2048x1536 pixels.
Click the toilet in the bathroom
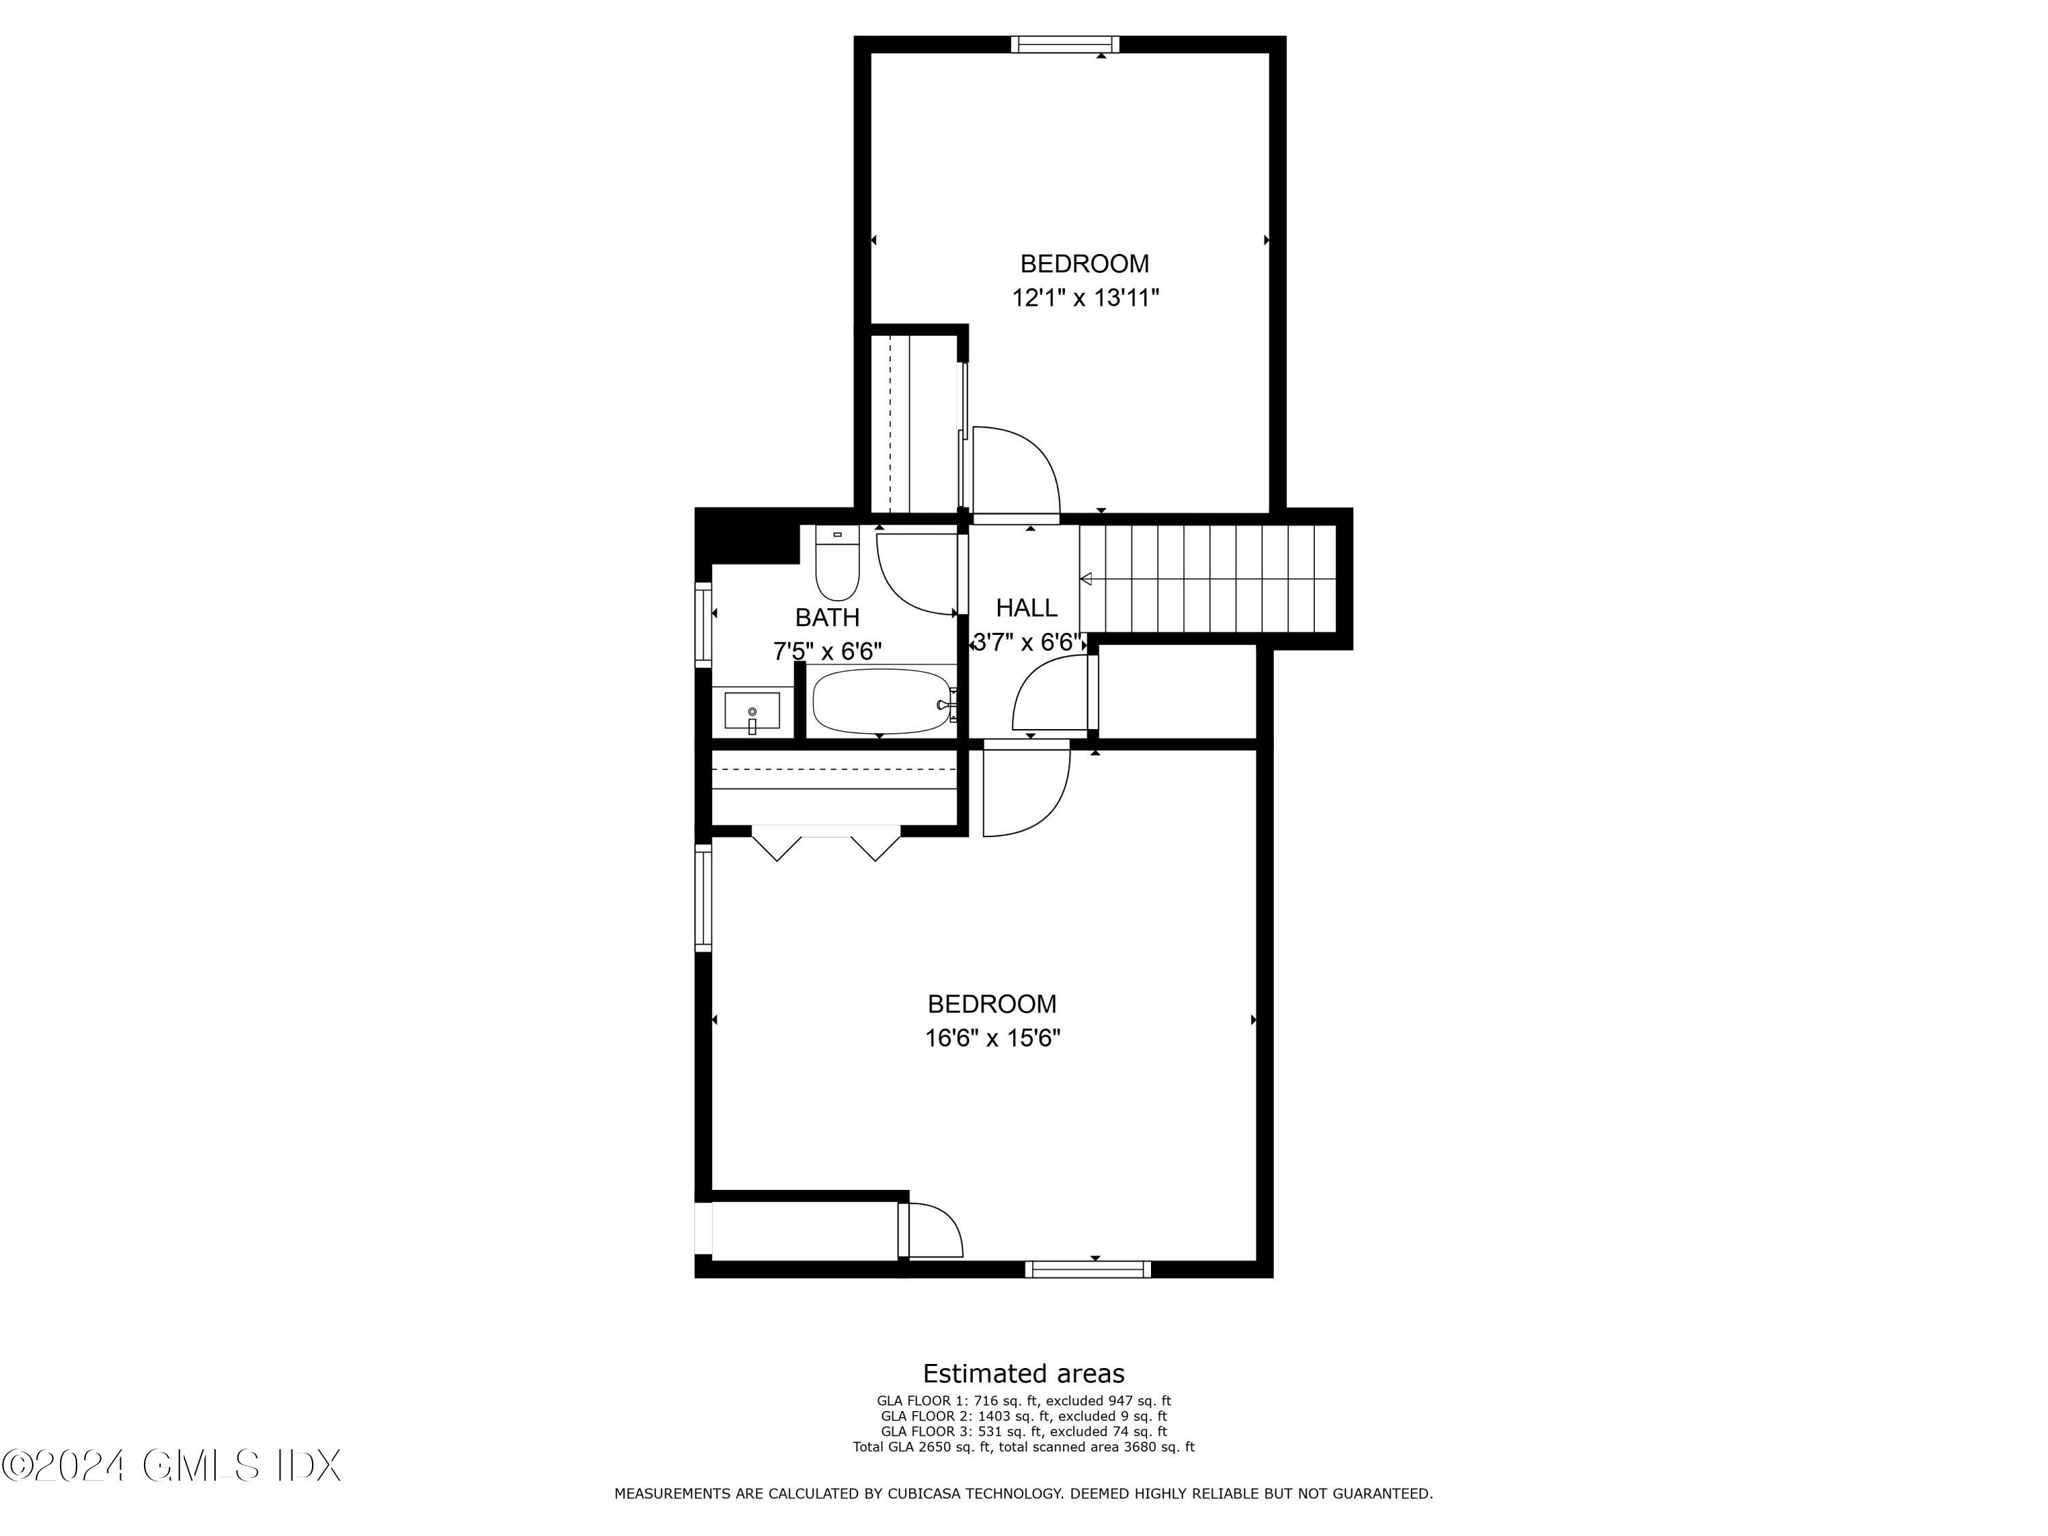click(x=837, y=567)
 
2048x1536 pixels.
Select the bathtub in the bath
click(x=882, y=701)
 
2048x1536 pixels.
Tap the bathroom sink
click(x=752, y=711)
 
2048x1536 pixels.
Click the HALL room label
click(x=1026, y=608)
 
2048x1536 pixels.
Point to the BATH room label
click(x=827, y=618)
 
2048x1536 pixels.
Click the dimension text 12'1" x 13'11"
click(x=1085, y=298)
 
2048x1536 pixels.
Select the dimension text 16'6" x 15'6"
click(x=993, y=1038)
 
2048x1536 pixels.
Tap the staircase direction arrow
click(x=1087, y=580)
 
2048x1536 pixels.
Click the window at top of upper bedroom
click(x=1065, y=44)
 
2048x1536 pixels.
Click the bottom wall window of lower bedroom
click(x=1088, y=1269)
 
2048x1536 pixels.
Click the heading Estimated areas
click(x=1023, y=1373)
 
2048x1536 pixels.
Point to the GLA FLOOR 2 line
click(x=1023, y=1416)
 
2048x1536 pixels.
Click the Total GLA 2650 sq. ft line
click(x=1023, y=1446)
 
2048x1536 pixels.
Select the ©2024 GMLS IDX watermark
click(x=172, y=1466)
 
